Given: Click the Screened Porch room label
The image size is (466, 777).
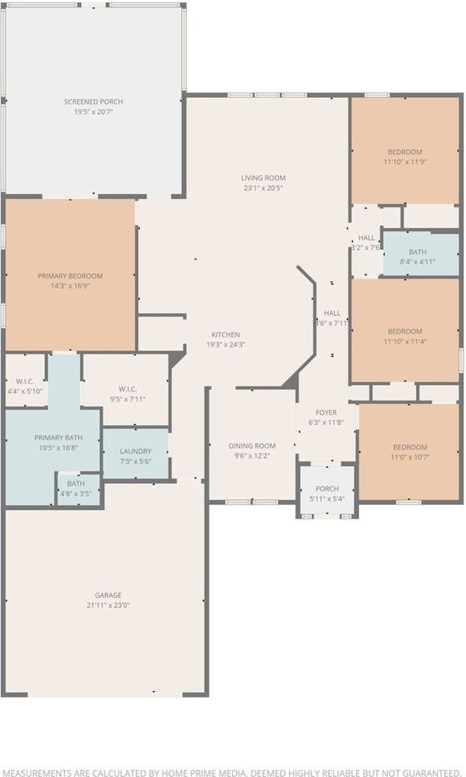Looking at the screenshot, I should click(x=94, y=102).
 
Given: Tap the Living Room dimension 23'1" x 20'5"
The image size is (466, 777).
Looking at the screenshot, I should click(x=263, y=188).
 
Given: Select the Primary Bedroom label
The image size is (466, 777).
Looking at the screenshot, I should click(x=70, y=276).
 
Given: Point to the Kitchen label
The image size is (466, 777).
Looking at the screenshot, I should click(x=225, y=335).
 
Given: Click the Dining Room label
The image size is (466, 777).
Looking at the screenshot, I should click(x=252, y=446).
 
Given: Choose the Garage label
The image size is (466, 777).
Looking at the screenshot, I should click(x=108, y=595).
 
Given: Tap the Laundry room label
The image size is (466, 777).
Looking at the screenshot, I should click(x=135, y=452).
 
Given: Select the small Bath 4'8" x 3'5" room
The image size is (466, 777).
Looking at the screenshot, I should click(x=77, y=488).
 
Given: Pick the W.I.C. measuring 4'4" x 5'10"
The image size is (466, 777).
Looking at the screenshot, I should click(x=24, y=386).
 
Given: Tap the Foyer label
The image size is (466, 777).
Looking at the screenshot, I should click(x=326, y=412).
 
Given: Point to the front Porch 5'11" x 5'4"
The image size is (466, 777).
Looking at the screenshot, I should click(x=327, y=494).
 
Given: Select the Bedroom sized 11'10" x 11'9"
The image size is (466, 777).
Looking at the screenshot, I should click(x=405, y=157).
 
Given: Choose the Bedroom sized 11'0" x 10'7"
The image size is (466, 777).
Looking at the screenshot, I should click(x=410, y=452).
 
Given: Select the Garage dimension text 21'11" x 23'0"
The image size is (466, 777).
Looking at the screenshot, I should click(x=108, y=605).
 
